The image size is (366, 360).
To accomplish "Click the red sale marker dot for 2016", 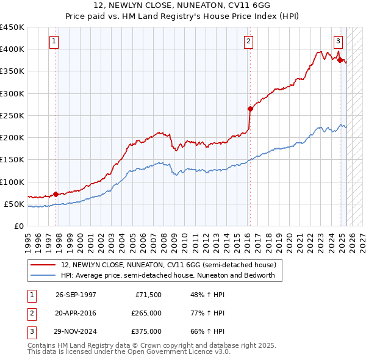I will point(250,109).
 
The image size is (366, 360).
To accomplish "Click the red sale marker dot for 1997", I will point(56,194).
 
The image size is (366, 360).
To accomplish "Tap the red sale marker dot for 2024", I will point(340,60).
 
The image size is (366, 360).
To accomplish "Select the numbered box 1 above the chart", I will point(54,41).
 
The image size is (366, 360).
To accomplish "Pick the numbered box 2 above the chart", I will point(249,41).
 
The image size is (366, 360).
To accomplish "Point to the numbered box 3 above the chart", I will point(338,41).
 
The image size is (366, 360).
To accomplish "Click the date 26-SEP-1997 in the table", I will point(76,295).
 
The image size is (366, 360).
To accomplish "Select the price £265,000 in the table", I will point(146,313).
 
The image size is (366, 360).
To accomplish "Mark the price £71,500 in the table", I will point(148,295).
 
